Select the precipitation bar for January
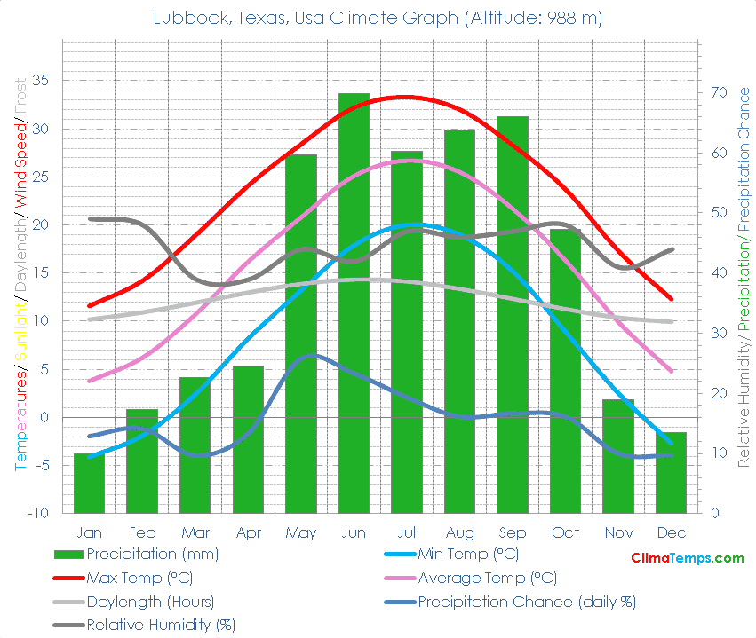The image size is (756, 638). (x=89, y=483)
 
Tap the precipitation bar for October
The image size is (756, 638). (x=565, y=370)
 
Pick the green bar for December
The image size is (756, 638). (x=671, y=472)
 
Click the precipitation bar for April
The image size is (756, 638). (x=248, y=438)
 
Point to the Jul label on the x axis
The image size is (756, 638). (x=407, y=532)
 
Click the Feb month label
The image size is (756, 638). (x=142, y=532)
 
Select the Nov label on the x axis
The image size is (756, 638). (x=618, y=532)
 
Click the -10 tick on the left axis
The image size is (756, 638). (x=37, y=514)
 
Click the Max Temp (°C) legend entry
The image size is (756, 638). (x=139, y=578)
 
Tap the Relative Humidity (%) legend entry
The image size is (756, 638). (x=160, y=625)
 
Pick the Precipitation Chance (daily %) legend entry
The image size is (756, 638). (x=527, y=602)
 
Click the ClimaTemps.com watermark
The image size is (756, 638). (x=687, y=558)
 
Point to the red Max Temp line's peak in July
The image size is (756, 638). (x=405, y=97)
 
